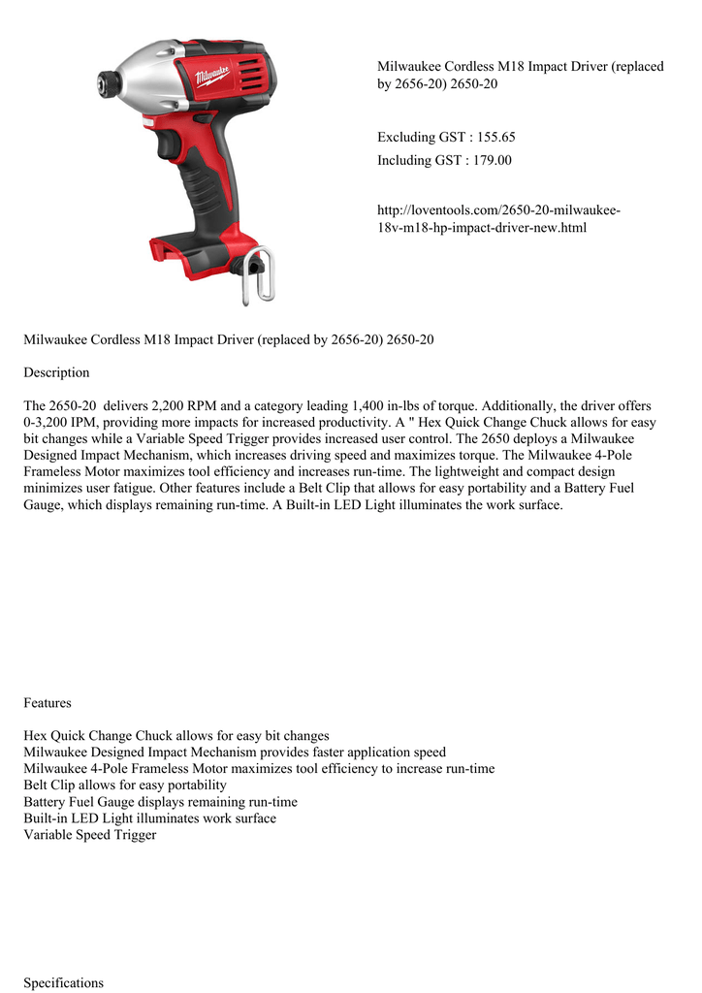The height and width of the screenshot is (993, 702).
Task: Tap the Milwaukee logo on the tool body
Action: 211,76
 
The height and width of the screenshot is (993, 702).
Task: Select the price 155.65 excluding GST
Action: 490,138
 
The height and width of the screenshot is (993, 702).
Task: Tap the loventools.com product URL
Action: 498,219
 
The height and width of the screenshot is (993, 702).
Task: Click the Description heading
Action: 56,372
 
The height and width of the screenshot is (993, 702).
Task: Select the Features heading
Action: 48,702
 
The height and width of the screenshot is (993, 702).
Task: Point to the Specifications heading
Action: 63,982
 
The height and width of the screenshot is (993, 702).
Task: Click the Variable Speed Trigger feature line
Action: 90,834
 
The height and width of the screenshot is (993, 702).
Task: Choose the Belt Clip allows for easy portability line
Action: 125,785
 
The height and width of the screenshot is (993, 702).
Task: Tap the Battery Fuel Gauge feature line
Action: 160,802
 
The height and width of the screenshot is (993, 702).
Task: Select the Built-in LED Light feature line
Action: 149,817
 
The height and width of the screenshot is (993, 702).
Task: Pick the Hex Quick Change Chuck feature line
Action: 176,735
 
